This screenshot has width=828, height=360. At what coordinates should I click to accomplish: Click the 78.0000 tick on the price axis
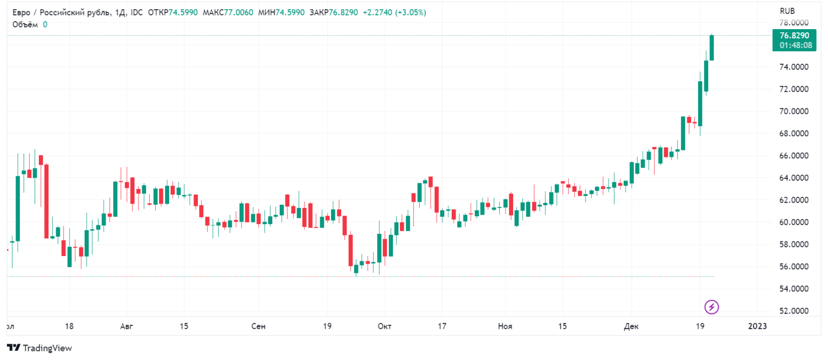[x=795, y=23]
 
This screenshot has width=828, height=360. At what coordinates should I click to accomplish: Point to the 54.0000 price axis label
[x=795, y=289]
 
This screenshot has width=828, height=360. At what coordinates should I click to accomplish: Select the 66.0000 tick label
[x=795, y=156]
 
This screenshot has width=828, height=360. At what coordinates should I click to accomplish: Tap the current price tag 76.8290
[x=795, y=36]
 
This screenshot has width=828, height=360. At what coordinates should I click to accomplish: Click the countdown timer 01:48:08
[x=795, y=45]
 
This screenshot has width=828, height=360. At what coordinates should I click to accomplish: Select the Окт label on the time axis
[x=384, y=327]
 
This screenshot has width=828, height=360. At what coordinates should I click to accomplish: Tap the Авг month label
[x=126, y=327]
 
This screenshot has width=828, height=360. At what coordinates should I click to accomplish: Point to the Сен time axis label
[x=258, y=327]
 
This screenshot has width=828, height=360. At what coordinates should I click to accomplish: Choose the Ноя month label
[x=505, y=327]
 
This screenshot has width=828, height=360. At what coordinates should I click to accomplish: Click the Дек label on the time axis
[x=630, y=327]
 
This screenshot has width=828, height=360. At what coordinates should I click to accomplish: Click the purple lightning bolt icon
[x=712, y=307]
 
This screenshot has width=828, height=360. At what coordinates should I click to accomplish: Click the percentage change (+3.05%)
[x=410, y=12]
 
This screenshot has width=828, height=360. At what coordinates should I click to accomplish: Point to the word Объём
[x=25, y=24]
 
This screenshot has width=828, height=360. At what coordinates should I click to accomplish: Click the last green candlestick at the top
[x=712, y=47]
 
